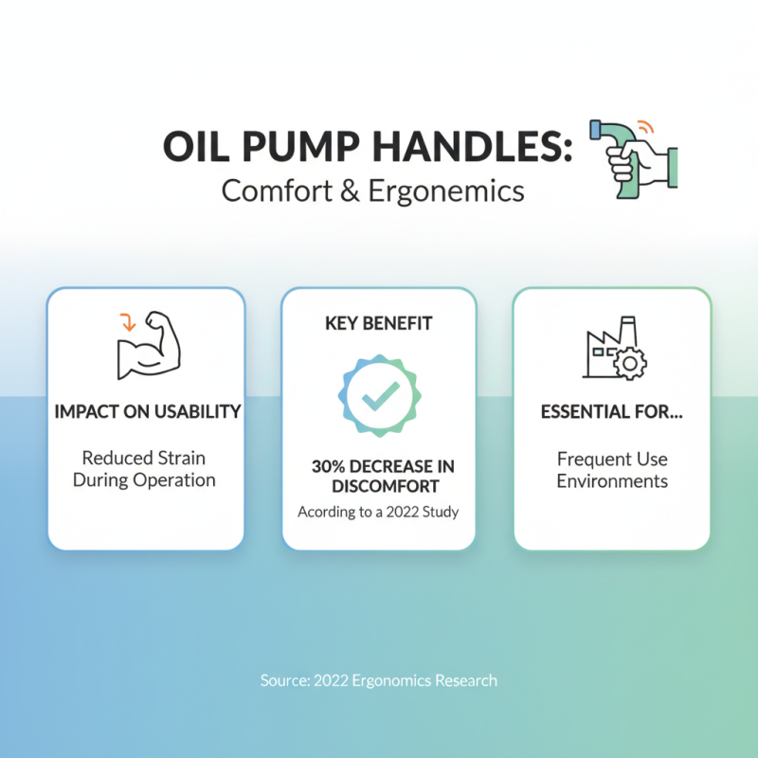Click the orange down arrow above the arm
(124, 323)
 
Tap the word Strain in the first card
(181, 459)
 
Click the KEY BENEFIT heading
(378, 324)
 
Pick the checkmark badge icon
(378, 394)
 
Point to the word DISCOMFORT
(378, 487)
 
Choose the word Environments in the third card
(611, 481)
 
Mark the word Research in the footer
(464, 680)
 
